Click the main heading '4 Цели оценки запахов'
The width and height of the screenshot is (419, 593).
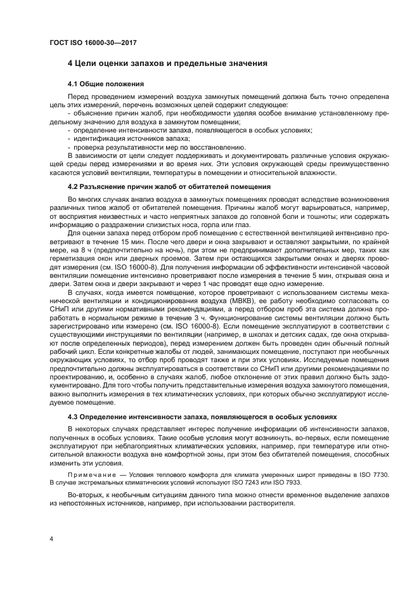(x=167, y=63)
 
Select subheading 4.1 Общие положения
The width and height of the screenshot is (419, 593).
(x=106, y=84)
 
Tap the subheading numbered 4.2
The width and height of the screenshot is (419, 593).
(x=169, y=186)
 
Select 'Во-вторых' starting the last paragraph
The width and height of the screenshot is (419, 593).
(x=86, y=494)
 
